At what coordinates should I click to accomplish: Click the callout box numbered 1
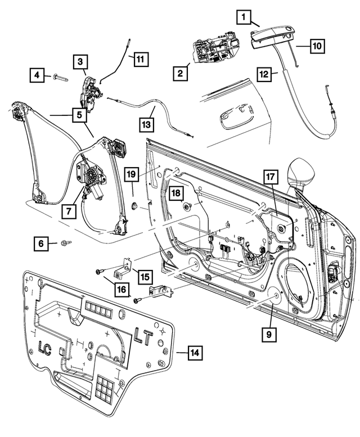(244, 17)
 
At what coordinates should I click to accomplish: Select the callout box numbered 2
(181, 73)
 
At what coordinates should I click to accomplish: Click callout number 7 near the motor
(68, 211)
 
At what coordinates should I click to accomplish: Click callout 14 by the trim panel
(195, 353)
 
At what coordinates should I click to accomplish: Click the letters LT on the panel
(142, 337)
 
